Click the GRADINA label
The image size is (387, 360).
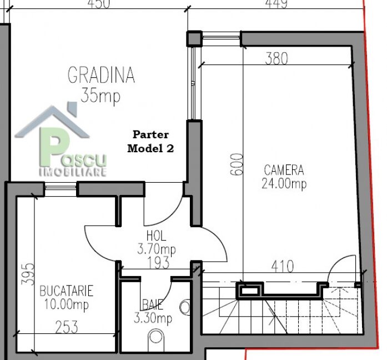point(101,75)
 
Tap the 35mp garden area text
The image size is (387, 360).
point(100,96)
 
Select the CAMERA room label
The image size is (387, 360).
point(284,170)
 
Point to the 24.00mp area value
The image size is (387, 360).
point(284,183)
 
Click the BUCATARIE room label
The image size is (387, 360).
point(67,291)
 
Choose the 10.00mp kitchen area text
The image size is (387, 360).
point(67,304)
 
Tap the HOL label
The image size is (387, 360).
point(156,236)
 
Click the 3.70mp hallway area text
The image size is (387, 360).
point(157,249)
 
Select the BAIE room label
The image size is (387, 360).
point(153,304)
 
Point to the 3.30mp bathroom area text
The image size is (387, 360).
point(153,318)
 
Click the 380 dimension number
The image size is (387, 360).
point(277,58)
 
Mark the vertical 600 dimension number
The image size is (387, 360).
point(237,164)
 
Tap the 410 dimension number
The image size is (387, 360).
point(283,266)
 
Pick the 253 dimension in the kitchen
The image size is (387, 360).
point(67,327)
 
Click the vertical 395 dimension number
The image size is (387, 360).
point(28,274)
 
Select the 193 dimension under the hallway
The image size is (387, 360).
point(158,263)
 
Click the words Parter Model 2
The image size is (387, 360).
point(150,142)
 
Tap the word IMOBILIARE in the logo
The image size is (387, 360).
point(73,172)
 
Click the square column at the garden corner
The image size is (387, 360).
point(194,38)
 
